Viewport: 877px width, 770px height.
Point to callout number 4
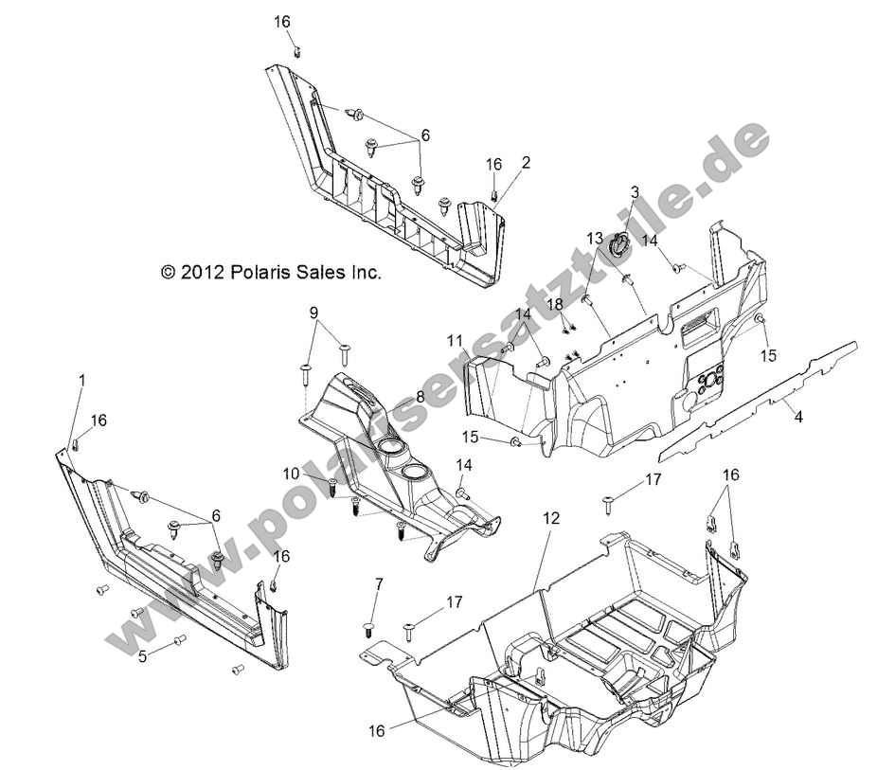click(798, 416)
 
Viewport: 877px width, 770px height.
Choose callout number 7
click(379, 585)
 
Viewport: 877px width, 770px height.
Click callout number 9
click(313, 312)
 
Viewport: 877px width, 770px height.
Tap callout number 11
click(456, 340)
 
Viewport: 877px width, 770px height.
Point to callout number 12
click(550, 518)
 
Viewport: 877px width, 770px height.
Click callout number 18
click(555, 304)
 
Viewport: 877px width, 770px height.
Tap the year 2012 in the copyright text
click(201, 273)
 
